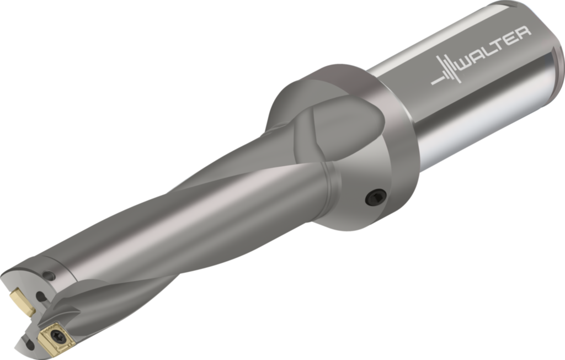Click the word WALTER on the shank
[494, 51]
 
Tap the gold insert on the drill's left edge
[21, 300]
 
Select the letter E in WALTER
[512, 41]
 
